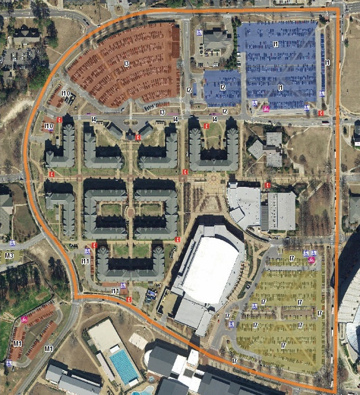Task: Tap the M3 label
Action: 9,255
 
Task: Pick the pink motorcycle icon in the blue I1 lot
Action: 266,108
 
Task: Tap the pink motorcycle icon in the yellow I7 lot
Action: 311,259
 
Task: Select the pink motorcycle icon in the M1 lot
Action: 24,319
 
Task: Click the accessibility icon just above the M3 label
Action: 12,244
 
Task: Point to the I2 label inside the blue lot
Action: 222,87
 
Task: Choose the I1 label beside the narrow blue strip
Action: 328,63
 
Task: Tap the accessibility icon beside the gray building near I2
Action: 199,32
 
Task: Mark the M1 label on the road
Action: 48,348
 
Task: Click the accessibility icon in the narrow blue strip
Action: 322,38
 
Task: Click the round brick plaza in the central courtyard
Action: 130,211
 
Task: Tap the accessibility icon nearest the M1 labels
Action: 9,363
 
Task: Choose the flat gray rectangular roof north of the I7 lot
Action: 281,211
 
